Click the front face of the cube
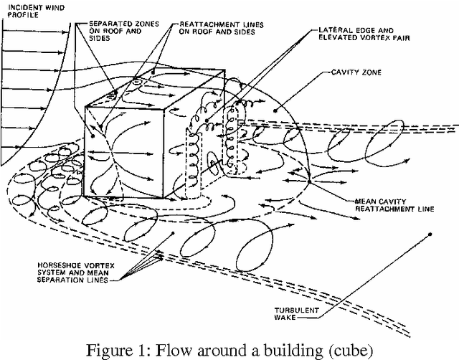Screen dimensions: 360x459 128,151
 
